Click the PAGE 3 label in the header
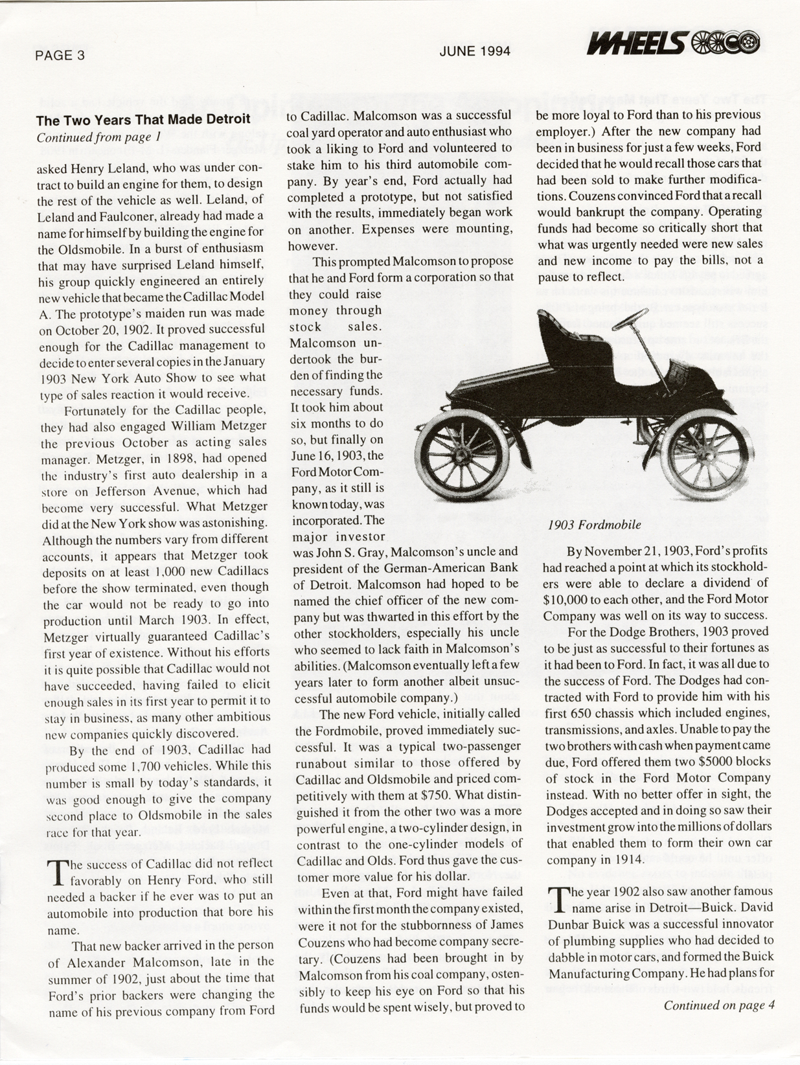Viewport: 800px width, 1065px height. click(60, 55)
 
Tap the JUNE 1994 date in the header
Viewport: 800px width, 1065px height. click(474, 51)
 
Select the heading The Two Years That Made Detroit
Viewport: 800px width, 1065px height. click(143, 120)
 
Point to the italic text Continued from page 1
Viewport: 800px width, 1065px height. click(98, 137)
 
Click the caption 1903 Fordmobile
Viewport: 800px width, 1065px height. click(594, 525)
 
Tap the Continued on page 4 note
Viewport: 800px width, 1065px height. click(719, 1005)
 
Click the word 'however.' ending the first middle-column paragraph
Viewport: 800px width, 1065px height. click(312, 246)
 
